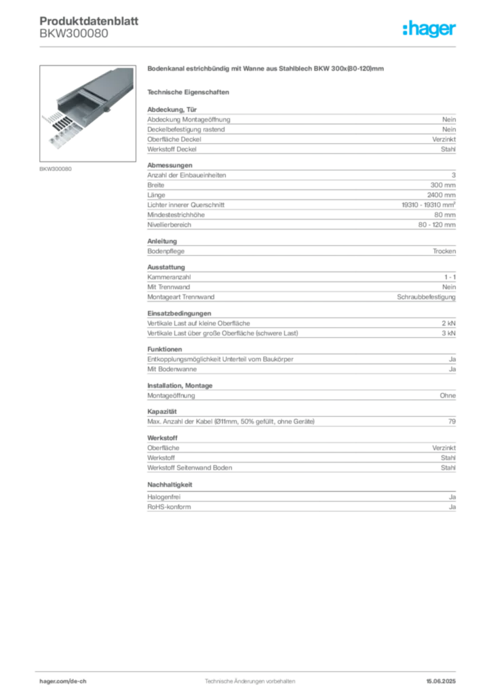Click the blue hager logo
[430, 29]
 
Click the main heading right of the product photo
[265, 69]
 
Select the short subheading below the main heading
[190, 92]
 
